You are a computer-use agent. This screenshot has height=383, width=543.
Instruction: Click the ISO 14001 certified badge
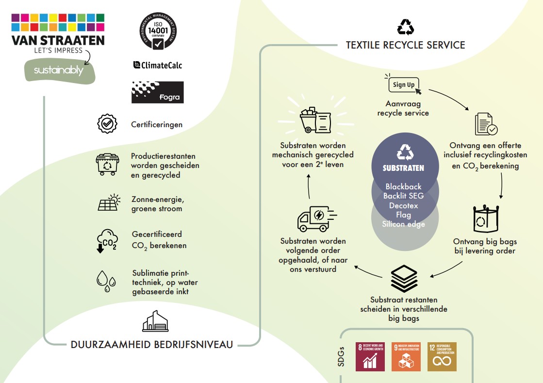coord(157,31)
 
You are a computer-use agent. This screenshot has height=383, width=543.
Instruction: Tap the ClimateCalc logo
coord(158,65)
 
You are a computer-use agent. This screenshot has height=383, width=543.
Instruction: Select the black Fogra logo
coord(158,92)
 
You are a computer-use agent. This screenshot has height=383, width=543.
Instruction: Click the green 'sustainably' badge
coord(59,71)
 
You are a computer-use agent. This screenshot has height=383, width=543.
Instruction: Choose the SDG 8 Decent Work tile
coord(371,357)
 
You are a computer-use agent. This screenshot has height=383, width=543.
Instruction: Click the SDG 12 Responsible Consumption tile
coord(442,357)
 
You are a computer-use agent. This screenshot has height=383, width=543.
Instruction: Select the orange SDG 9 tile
coord(406,357)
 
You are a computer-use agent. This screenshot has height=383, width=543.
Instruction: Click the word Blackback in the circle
coord(403,186)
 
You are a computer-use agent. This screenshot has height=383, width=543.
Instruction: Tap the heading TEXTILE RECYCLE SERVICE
coord(405,45)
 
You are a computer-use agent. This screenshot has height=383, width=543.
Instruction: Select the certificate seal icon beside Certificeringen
coord(107,124)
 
